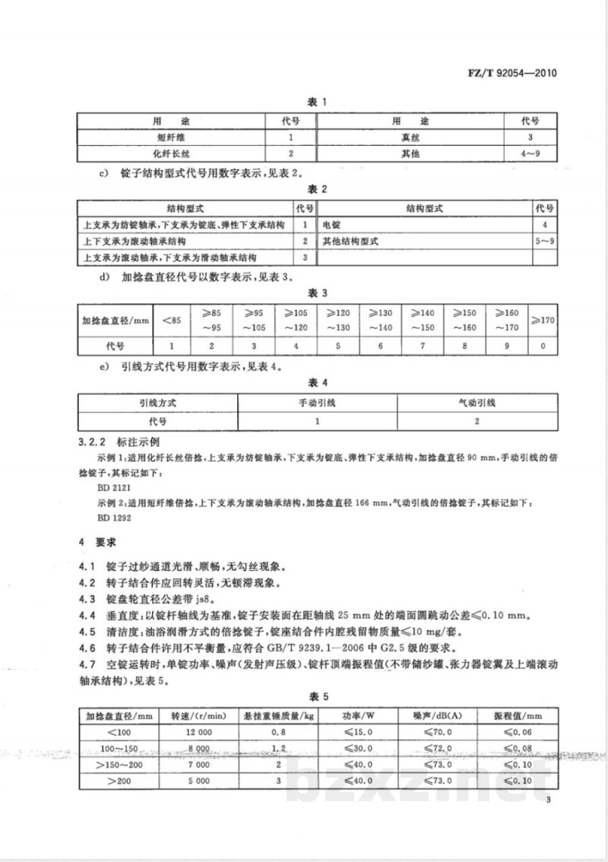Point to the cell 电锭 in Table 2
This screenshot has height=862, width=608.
click(x=331, y=225)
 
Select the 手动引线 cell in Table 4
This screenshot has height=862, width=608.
click(x=316, y=403)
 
